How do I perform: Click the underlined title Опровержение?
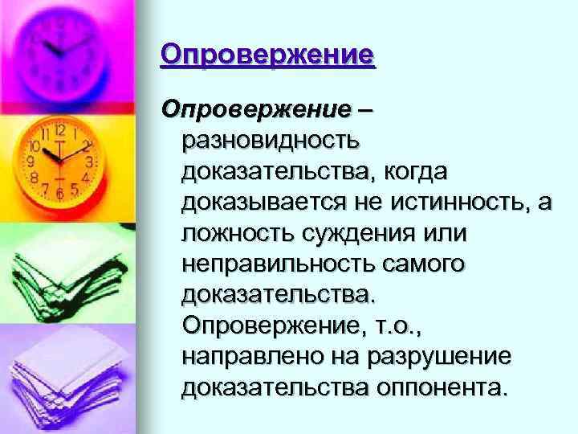(267, 55)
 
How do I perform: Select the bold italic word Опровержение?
(256, 108)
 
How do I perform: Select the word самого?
(433, 264)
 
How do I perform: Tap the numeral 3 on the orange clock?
(90, 162)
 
